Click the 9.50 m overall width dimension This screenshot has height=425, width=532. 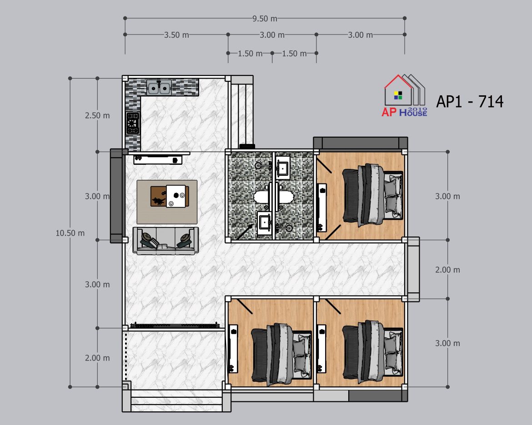point(265,19)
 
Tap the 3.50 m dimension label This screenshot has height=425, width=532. point(176,35)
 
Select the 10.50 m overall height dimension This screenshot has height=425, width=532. point(70,233)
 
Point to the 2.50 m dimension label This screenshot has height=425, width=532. point(97,116)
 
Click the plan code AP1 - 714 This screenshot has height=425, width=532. point(470,101)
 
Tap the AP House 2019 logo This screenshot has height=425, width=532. point(404,95)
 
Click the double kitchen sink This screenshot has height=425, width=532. point(159,88)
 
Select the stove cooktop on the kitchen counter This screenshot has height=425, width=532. point(133,124)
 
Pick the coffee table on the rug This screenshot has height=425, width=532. point(170,196)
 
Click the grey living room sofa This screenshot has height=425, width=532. point(166,241)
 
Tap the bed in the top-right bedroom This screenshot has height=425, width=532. point(372,195)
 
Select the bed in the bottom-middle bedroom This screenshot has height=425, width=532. point(281,354)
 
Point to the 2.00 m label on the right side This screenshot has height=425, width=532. point(447,270)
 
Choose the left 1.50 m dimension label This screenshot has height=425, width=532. point(250,54)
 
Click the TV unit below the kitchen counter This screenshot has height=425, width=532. point(158,159)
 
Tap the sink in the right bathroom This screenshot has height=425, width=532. point(283,168)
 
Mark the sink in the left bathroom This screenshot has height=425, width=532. point(264,222)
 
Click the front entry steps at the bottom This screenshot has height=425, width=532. point(176,401)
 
